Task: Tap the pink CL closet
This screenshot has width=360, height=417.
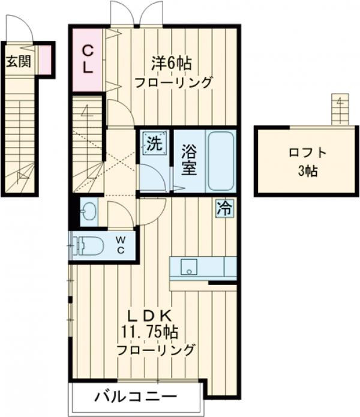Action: click(88, 59)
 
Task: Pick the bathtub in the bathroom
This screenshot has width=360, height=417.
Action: click(220, 160)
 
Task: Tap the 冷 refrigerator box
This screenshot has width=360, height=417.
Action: click(224, 209)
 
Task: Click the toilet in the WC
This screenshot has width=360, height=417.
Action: click(87, 245)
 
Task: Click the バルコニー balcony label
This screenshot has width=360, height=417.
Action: click(135, 397)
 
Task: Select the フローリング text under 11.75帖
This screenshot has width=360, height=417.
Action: click(155, 349)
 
